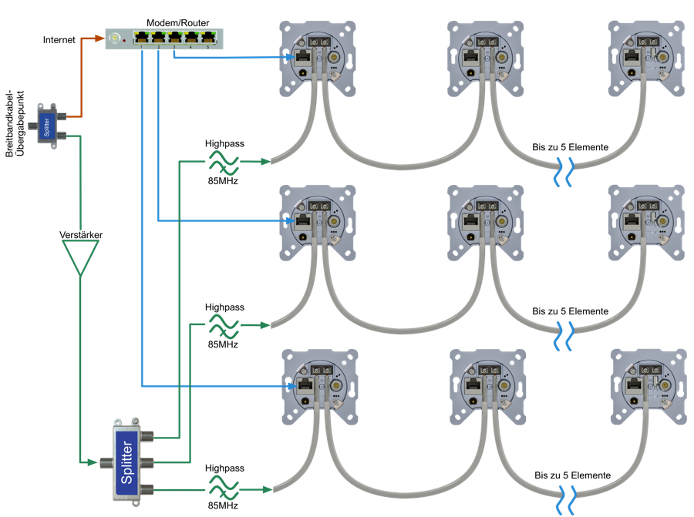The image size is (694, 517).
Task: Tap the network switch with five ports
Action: point(164,38)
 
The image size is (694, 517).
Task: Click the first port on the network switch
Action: point(141,37)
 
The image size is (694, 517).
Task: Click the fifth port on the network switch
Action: point(208,37)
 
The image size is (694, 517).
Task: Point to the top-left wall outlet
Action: point(317,58)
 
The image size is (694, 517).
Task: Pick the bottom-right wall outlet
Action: point(647,387)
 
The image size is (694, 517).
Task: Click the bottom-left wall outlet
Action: point(318,387)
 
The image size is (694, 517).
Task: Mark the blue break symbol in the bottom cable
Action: point(565,499)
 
